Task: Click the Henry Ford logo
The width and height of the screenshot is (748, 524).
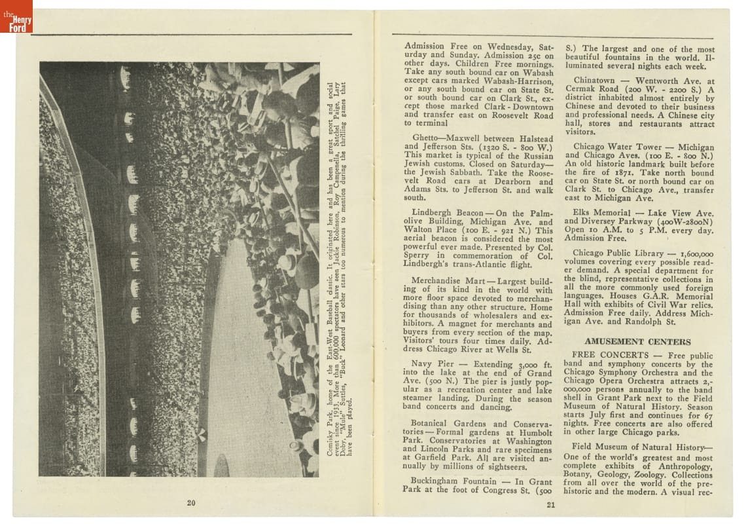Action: [16, 16]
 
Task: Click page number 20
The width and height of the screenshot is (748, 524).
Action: [191, 502]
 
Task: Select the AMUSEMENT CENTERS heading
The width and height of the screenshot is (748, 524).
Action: [637, 341]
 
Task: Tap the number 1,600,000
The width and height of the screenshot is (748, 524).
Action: [697, 253]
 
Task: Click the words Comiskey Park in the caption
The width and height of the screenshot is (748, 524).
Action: [330, 438]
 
